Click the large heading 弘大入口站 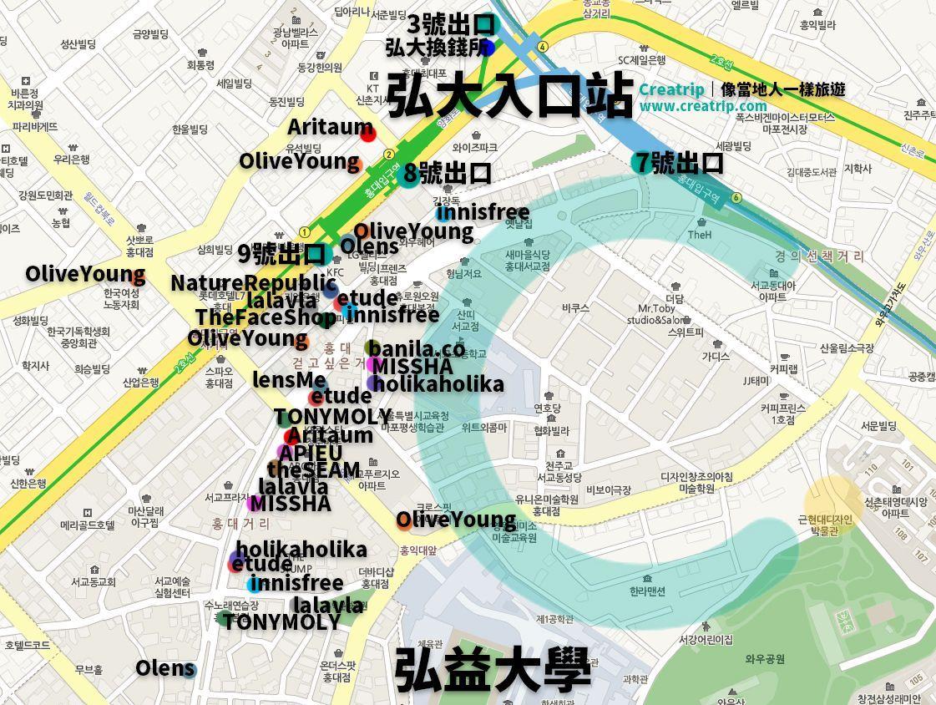coord(509,97)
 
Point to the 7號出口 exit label coord(678,162)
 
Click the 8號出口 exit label coord(448,173)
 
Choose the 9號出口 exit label coord(281,252)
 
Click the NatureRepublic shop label coord(253,282)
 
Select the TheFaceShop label coord(266,317)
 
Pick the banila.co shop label coord(417,348)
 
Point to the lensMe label coord(289,380)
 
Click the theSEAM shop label coord(313,469)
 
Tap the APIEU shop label coord(310,453)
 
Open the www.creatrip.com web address coord(702,106)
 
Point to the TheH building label coord(699,235)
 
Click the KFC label coord(335,272)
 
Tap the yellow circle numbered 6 coord(736,198)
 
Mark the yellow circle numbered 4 coord(543,46)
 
